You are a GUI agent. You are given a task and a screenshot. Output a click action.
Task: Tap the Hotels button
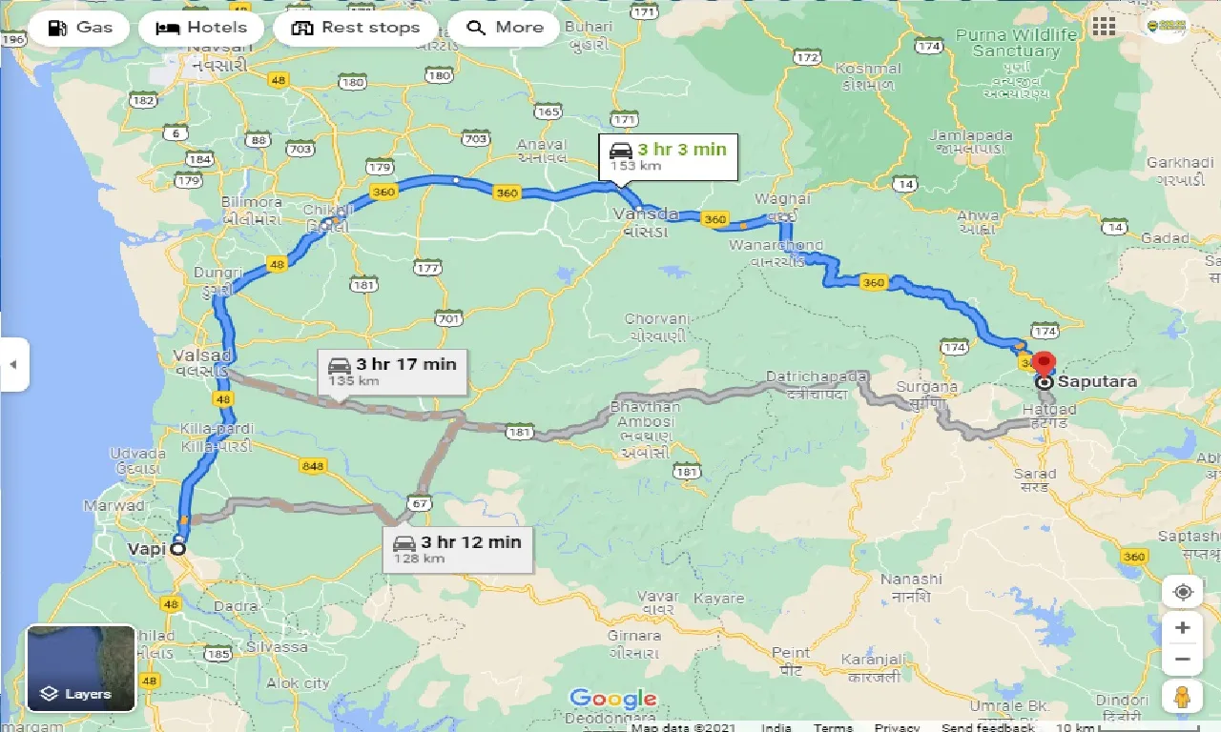[x=200, y=28]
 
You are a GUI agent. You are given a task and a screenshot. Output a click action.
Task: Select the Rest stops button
[x=356, y=28]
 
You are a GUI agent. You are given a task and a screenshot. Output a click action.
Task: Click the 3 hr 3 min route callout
[x=669, y=156]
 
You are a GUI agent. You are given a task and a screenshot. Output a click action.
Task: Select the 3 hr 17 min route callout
[x=392, y=371]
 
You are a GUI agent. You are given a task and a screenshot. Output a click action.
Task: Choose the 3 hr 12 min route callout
[x=457, y=549]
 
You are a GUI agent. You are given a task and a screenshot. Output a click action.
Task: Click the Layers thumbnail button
[x=81, y=668]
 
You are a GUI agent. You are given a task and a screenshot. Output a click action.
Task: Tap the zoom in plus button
[x=1182, y=627]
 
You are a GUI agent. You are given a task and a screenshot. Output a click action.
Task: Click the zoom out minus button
[x=1182, y=659]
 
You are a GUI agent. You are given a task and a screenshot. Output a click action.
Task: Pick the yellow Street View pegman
[x=1182, y=696]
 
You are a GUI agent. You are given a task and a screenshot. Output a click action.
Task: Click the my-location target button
[x=1182, y=592]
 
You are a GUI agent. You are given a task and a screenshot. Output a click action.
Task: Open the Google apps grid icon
[x=1104, y=27]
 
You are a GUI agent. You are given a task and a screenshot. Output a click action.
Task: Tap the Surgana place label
[x=926, y=387]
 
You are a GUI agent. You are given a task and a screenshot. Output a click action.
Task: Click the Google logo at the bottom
[x=612, y=699]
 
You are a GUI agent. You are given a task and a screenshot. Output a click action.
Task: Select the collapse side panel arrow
[x=13, y=364]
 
